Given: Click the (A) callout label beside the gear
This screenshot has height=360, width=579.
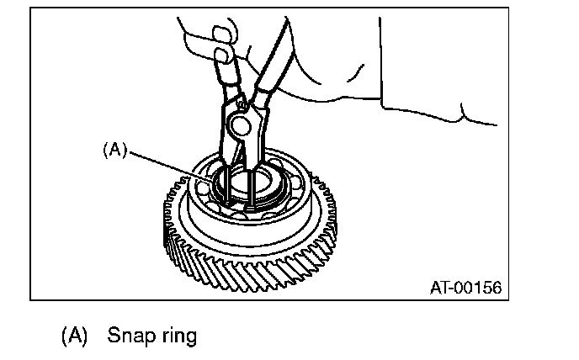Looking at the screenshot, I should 114,150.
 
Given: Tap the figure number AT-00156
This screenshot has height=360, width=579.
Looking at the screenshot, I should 465,288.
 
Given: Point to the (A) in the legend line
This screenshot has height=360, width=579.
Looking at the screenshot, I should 74,336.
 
